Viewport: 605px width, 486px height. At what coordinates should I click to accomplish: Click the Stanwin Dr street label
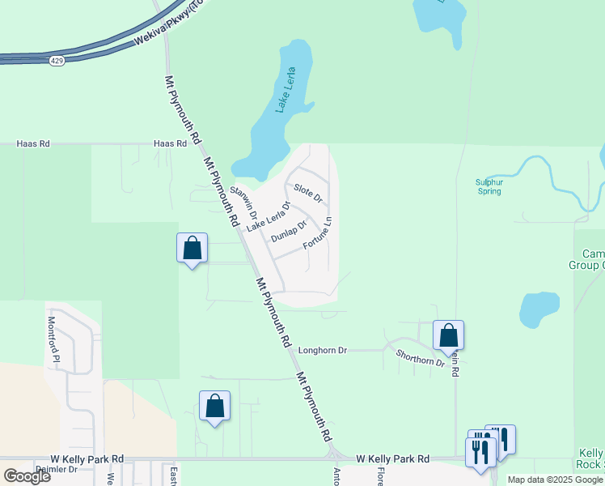coord(243,202)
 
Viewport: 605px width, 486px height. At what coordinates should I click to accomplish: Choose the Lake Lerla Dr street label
coord(268,217)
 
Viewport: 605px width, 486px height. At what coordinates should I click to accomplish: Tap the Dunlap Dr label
coord(290,231)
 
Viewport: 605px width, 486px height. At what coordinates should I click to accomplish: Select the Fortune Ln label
coord(318,232)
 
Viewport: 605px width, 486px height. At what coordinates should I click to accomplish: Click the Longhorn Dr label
coord(322,351)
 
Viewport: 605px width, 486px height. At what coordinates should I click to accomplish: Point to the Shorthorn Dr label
coord(421,357)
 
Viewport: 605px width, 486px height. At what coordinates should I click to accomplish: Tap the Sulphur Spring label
coord(489,187)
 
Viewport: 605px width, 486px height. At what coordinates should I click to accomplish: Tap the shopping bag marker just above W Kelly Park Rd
coord(214,407)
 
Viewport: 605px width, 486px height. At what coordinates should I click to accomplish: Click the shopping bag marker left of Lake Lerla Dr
coord(192,249)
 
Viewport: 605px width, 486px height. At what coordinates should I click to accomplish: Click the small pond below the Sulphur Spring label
coord(539,310)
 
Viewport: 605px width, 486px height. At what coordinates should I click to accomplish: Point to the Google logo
coord(27,476)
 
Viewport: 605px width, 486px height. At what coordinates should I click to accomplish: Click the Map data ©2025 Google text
coord(555,480)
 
